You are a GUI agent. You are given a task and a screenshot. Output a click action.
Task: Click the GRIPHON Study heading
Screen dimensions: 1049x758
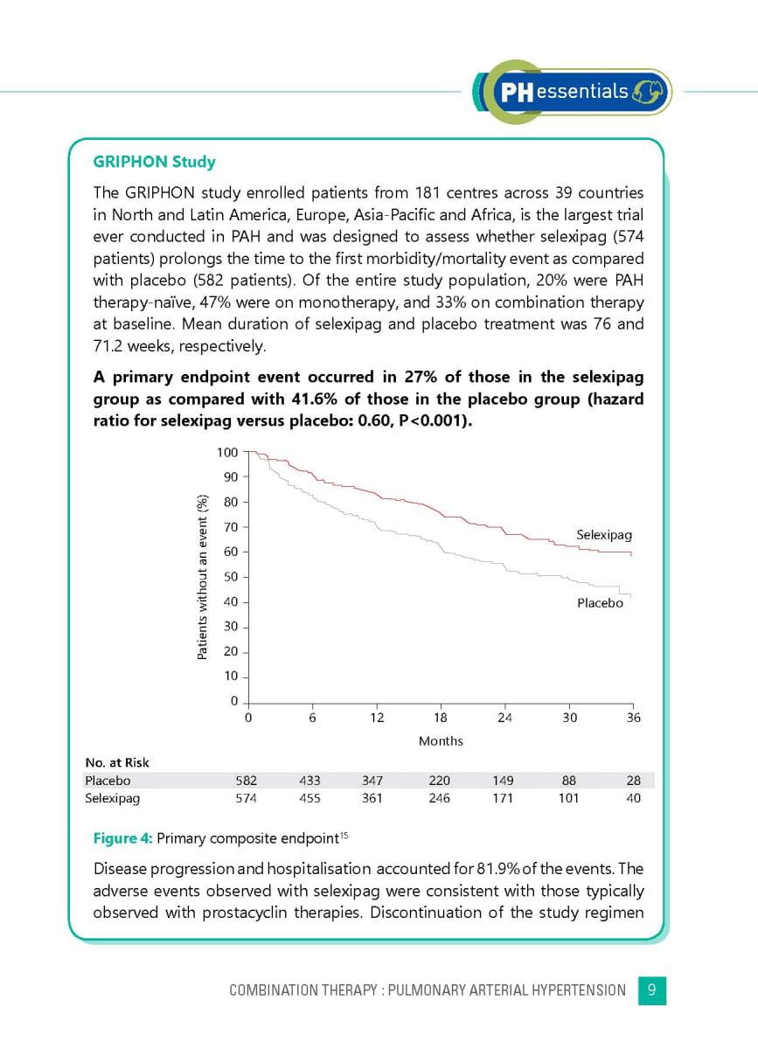click(154, 162)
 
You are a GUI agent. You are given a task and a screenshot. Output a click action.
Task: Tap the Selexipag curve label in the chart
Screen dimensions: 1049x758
click(603, 534)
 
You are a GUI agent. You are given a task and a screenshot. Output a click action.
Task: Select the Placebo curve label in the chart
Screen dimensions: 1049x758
click(600, 603)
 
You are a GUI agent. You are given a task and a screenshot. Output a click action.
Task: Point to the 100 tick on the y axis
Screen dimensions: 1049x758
click(227, 452)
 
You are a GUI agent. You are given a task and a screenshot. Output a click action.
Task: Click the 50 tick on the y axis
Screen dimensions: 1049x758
click(230, 577)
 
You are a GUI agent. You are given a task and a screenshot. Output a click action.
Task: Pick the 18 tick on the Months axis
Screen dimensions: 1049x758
click(441, 718)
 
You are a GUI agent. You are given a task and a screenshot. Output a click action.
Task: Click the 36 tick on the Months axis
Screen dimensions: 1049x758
click(634, 718)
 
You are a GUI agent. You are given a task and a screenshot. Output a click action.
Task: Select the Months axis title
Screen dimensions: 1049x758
click(441, 741)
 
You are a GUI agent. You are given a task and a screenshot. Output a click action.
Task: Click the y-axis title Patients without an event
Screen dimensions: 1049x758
click(201, 577)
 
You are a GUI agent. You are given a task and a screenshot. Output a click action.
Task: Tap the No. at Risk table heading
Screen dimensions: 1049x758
click(117, 763)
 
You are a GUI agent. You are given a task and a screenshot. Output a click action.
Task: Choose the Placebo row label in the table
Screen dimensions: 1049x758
click(108, 781)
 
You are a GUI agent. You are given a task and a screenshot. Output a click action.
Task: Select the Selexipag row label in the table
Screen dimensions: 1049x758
click(112, 798)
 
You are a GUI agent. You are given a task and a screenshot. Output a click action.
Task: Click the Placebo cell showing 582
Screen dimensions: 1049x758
click(247, 781)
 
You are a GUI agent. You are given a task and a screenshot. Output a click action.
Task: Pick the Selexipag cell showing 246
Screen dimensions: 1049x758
click(439, 798)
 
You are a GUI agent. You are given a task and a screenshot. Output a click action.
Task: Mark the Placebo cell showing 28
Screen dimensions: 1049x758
click(635, 781)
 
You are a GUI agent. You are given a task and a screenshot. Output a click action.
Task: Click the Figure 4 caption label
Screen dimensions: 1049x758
click(122, 838)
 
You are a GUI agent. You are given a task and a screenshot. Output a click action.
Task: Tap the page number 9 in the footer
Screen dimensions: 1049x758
click(652, 990)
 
